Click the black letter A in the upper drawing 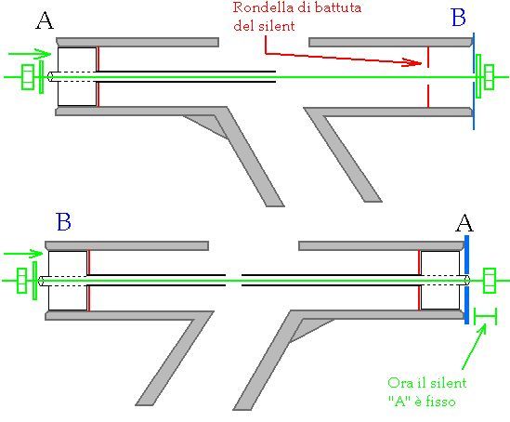(x=45, y=20)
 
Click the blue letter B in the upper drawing (x=459, y=17)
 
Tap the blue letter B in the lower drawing (x=63, y=222)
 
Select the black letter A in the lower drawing (x=464, y=223)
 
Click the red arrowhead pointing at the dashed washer (x=412, y=62)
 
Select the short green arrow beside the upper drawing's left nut (x=30, y=54)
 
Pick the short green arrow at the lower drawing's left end (x=23, y=254)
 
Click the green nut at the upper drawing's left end (x=28, y=77)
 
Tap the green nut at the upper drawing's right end (x=489, y=77)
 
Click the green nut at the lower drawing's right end (x=490, y=281)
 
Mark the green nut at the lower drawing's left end (x=21, y=281)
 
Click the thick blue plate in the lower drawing (x=466, y=280)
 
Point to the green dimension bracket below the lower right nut (x=485, y=316)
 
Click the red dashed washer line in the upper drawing (x=428, y=77)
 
